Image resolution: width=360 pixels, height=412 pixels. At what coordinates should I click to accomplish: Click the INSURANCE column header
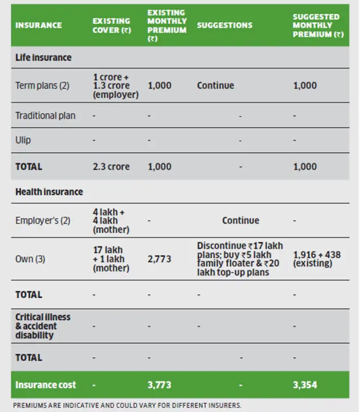(39, 25)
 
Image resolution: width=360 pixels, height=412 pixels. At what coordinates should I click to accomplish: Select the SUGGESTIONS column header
(225, 25)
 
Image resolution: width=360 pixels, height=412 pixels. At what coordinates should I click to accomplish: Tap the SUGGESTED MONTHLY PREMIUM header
(318, 25)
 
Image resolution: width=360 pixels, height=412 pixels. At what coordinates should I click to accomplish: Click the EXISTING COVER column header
(113, 25)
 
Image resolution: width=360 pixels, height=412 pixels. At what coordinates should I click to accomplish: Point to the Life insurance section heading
(43, 58)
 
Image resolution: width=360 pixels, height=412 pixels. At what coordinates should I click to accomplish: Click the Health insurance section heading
(49, 192)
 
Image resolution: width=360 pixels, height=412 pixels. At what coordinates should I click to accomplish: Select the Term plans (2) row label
(42, 85)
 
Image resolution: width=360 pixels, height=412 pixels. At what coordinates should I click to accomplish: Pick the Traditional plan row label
(45, 116)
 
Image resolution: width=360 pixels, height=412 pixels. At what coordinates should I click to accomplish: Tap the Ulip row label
(24, 140)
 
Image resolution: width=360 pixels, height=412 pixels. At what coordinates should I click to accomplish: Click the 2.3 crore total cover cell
(111, 167)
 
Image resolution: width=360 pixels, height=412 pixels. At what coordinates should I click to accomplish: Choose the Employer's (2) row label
(43, 220)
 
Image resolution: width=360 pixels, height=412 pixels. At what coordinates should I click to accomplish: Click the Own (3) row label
(30, 259)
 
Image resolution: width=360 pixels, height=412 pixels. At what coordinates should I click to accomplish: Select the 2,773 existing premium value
(159, 259)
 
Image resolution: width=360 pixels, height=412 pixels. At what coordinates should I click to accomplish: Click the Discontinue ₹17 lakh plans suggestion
(240, 259)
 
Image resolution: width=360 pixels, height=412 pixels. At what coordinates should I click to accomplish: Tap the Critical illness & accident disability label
(43, 326)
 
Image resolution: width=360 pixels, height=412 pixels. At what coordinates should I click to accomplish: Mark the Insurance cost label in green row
(45, 385)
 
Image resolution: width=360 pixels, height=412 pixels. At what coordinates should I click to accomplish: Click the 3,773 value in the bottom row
(159, 385)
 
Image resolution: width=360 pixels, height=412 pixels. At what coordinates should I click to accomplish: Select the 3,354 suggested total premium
(305, 385)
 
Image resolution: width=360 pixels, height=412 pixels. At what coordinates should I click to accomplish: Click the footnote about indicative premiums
(127, 405)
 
